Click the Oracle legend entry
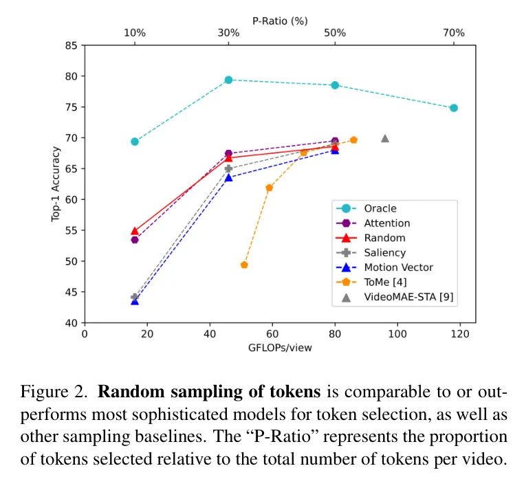pyautogui.click(x=380, y=208)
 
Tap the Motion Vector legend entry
pyautogui.click(x=398, y=267)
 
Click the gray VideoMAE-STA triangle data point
pyautogui.click(x=385, y=138)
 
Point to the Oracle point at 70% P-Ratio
pyautogui.click(x=454, y=108)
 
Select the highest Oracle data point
pyautogui.click(x=228, y=80)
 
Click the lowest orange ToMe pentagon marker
pyautogui.click(x=244, y=265)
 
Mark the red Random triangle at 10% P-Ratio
pyautogui.click(x=135, y=231)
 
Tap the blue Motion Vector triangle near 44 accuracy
pyautogui.click(x=135, y=301)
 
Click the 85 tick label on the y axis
pyautogui.click(x=72, y=46)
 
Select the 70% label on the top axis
pyautogui.click(x=454, y=32)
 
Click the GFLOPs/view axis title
pyautogui.click(x=280, y=348)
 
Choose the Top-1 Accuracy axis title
pyautogui.click(x=56, y=184)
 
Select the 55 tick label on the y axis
pyautogui.click(x=72, y=230)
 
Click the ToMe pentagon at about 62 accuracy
pyautogui.click(x=269, y=188)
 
